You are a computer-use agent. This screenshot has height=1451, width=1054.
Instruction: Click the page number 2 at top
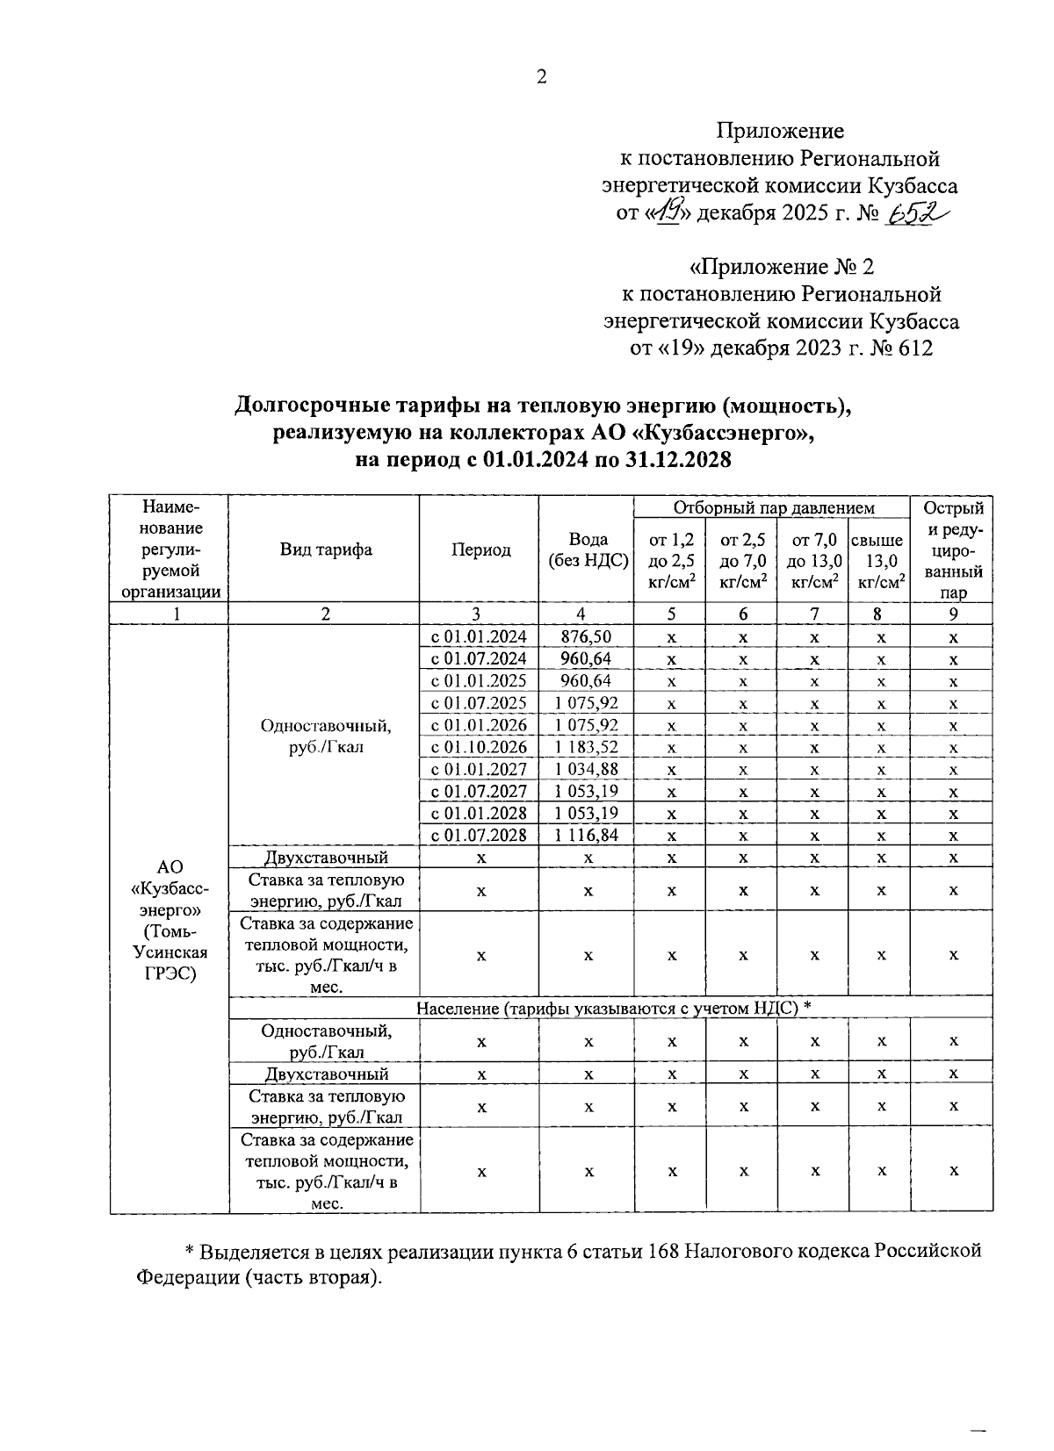tap(541, 78)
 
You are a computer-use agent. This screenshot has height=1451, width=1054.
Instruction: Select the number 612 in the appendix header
tap(914, 348)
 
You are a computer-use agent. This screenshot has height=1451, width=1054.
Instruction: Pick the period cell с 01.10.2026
tap(479, 747)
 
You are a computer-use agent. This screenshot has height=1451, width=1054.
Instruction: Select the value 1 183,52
tap(587, 747)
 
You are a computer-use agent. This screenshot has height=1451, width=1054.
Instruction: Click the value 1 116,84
tap(587, 835)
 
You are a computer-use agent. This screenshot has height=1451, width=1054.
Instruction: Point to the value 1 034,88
tap(587, 769)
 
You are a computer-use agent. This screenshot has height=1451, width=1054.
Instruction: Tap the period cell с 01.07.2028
tap(479, 835)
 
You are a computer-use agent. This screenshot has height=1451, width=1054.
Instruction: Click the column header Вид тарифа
tap(326, 550)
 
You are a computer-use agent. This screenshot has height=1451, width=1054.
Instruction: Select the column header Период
tap(480, 550)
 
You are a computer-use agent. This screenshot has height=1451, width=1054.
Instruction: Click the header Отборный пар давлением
tap(774, 507)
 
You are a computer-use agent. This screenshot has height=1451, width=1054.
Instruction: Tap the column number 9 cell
tap(953, 614)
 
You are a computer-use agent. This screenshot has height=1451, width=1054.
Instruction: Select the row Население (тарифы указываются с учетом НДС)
tap(611, 1008)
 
